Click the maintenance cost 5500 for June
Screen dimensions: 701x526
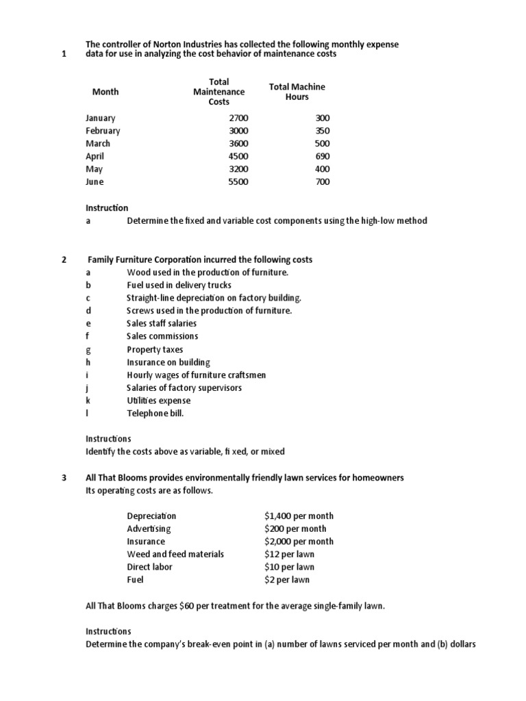click(238, 182)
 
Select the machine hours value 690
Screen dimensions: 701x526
click(322, 156)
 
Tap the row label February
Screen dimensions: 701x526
click(103, 131)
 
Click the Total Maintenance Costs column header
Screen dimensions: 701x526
click(218, 92)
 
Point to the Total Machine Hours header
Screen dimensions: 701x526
click(297, 92)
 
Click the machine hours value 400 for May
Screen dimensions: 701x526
click(322, 169)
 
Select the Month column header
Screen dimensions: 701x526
click(105, 92)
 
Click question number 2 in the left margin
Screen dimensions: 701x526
click(64, 260)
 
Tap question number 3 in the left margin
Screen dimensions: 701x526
click(64, 477)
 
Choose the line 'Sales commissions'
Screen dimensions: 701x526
click(162, 336)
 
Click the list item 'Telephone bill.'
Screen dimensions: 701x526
click(155, 413)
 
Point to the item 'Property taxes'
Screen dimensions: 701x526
click(155, 349)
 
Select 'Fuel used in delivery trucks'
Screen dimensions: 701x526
click(179, 285)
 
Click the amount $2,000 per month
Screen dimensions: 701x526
click(299, 541)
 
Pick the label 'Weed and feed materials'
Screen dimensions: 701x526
click(175, 554)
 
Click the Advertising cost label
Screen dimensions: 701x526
click(149, 528)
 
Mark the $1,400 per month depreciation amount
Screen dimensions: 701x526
click(299, 515)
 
